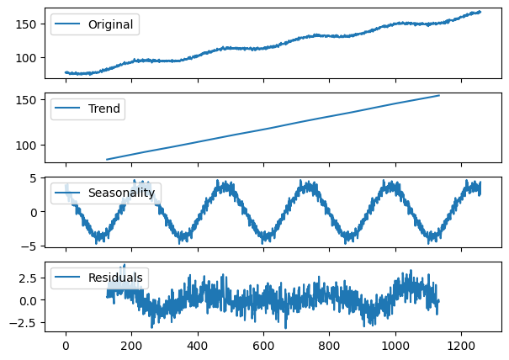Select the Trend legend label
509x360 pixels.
click(104, 109)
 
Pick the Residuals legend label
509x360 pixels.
click(115, 277)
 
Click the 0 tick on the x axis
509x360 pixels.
click(66, 344)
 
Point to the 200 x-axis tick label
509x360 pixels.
click(131, 344)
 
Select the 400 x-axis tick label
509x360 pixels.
click(198, 344)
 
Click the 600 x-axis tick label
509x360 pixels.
click(263, 344)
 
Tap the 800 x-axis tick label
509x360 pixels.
click(329, 344)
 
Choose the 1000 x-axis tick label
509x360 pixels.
click(395, 344)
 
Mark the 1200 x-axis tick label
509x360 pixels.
click(461, 344)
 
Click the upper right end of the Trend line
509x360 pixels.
click(439, 95)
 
